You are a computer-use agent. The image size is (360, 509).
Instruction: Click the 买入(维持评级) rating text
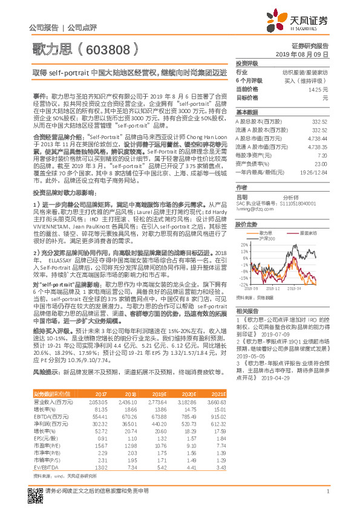click(307, 80)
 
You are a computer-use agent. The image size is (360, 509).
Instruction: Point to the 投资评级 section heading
click(247, 63)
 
